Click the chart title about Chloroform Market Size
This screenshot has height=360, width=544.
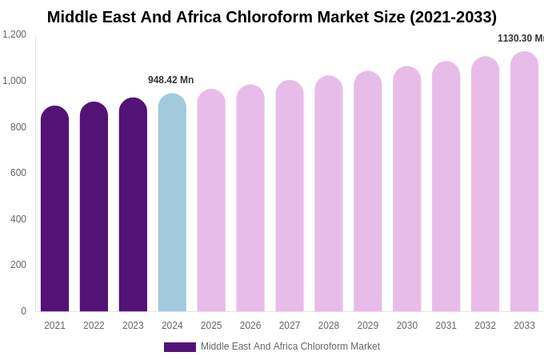[x=272, y=17]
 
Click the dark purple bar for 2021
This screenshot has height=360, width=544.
[x=54, y=209]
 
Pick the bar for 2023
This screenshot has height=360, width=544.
[x=133, y=205]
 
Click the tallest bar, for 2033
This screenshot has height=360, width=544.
[x=524, y=182]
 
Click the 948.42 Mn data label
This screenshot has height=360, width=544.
[x=170, y=80]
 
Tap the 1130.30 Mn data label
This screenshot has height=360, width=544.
[x=520, y=38]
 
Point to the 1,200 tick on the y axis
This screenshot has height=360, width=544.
[x=14, y=34]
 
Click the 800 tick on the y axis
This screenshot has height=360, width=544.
[x=18, y=126]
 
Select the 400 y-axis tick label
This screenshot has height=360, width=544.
[x=18, y=219]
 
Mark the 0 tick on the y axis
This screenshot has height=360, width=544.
[x=23, y=311]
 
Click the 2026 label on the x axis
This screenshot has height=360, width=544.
[x=250, y=326]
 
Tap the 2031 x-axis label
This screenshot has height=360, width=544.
[x=446, y=326]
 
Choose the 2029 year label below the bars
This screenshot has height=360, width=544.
[x=368, y=326]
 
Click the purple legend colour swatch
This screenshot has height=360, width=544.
[x=180, y=347]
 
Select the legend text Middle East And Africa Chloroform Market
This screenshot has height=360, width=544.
[x=290, y=346]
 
